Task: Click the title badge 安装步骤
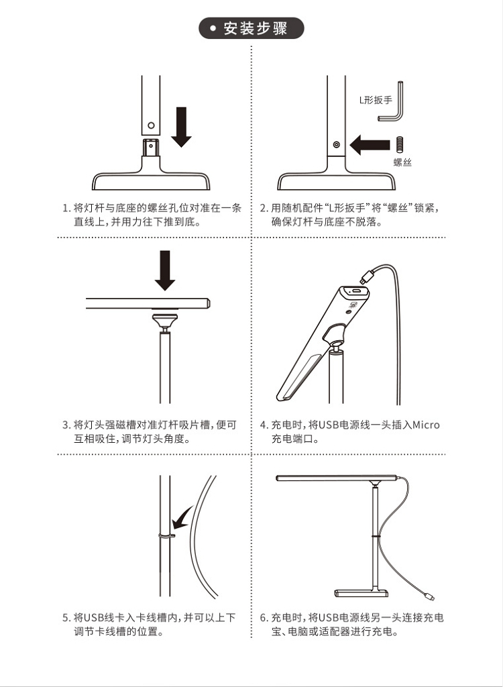coord(251,28)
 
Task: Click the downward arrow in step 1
coord(181,127)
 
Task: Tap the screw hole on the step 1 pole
coord(151,125)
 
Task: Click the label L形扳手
coord(376,100)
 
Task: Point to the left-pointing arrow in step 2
coord(370,145)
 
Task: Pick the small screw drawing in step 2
coord(400,144)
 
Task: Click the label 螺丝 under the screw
coord(402,162)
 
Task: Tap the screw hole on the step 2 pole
coord(336,144)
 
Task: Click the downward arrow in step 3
coord(165,270)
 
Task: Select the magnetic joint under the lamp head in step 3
coord(165,322)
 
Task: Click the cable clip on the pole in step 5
coord(166,535)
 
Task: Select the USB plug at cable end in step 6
coord(429,596)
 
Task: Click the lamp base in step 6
coord(361,593)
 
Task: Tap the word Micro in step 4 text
coord(426,425)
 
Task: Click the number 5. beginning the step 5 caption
coord(66,618)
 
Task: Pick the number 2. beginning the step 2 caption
coord(264,208)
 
